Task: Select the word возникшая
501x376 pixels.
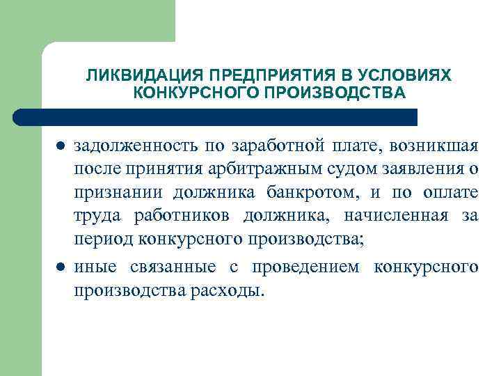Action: coord(434,146)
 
